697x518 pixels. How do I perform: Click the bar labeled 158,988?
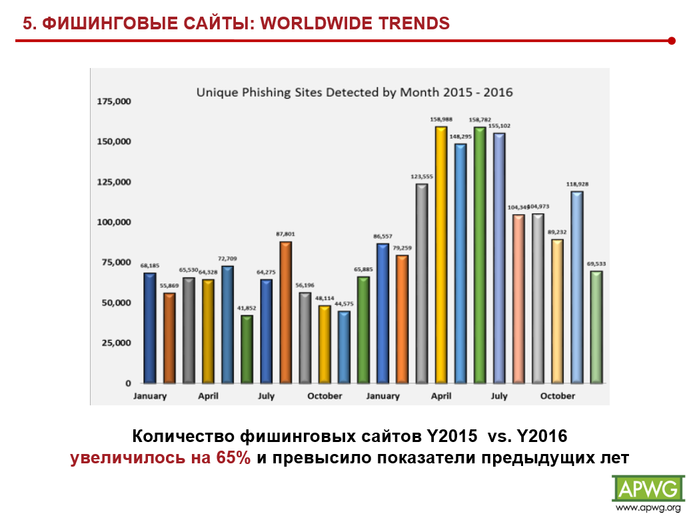[x=440, y=255]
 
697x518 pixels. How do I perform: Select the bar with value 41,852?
[x=247, y=349]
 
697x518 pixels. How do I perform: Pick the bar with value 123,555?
[x=421, y=283]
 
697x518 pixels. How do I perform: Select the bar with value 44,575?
[x=344, y=347]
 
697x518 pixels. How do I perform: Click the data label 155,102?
[x=499, y=126]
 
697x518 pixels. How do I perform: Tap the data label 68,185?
[x=149, y=265]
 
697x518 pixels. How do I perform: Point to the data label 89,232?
[x=558, y=232]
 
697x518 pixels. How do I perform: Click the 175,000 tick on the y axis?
[x=115, y=101]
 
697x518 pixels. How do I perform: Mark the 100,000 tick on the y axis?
[x=115, y=222]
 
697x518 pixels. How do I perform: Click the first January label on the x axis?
[x=150, y=396]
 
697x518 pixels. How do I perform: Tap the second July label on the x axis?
[x=499, y=396]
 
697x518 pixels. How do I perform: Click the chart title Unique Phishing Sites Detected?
[x=354, y=92]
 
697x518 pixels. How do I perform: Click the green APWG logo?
[x=648, y=489]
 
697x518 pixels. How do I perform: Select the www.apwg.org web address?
[x=648, y=509]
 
